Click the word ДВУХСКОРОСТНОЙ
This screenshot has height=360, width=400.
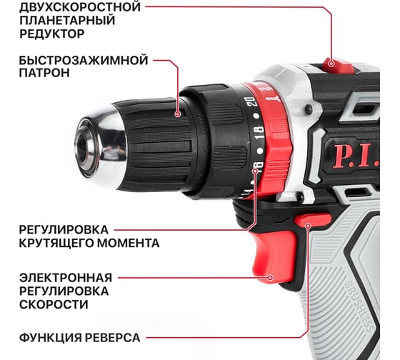click(x=80, y=7)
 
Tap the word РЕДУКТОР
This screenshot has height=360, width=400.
click(x=51, y=34)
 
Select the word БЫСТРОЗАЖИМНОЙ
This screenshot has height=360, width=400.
click(x=84, y=61)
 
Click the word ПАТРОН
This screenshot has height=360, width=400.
click(x=44, y=73)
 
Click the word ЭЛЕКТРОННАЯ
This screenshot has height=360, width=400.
click(x=66, y=278)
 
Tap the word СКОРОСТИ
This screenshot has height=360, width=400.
click(x=54, y=304)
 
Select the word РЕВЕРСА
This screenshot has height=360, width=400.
click(x=113, y=338)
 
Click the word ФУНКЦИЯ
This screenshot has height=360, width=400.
click(x=50, y=338)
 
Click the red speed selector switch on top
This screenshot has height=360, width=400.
click(x=337, y=66)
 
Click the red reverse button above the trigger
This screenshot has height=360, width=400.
click(x=313, y=220)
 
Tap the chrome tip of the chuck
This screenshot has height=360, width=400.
click(x=101, y=146)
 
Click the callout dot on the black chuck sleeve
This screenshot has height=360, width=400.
click(x=178, y=114)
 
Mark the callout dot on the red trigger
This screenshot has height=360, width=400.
click(x=271, y=278)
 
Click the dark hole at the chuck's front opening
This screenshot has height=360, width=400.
click(x=82, y=147)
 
